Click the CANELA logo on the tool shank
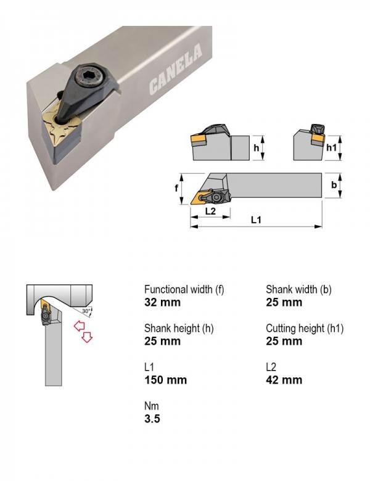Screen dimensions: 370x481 coord(176,68)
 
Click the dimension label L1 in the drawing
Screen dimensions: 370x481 coord(256,220)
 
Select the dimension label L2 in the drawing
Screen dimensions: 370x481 coord(210,211)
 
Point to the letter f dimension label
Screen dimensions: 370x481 coord(176,188)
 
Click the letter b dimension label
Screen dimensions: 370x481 coord(334,185)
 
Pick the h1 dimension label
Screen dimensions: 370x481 coord(331,147)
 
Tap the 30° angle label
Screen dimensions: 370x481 coord(86,311)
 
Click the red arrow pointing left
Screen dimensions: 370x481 coord(80,326)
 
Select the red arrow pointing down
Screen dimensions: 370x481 coord(87,337)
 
